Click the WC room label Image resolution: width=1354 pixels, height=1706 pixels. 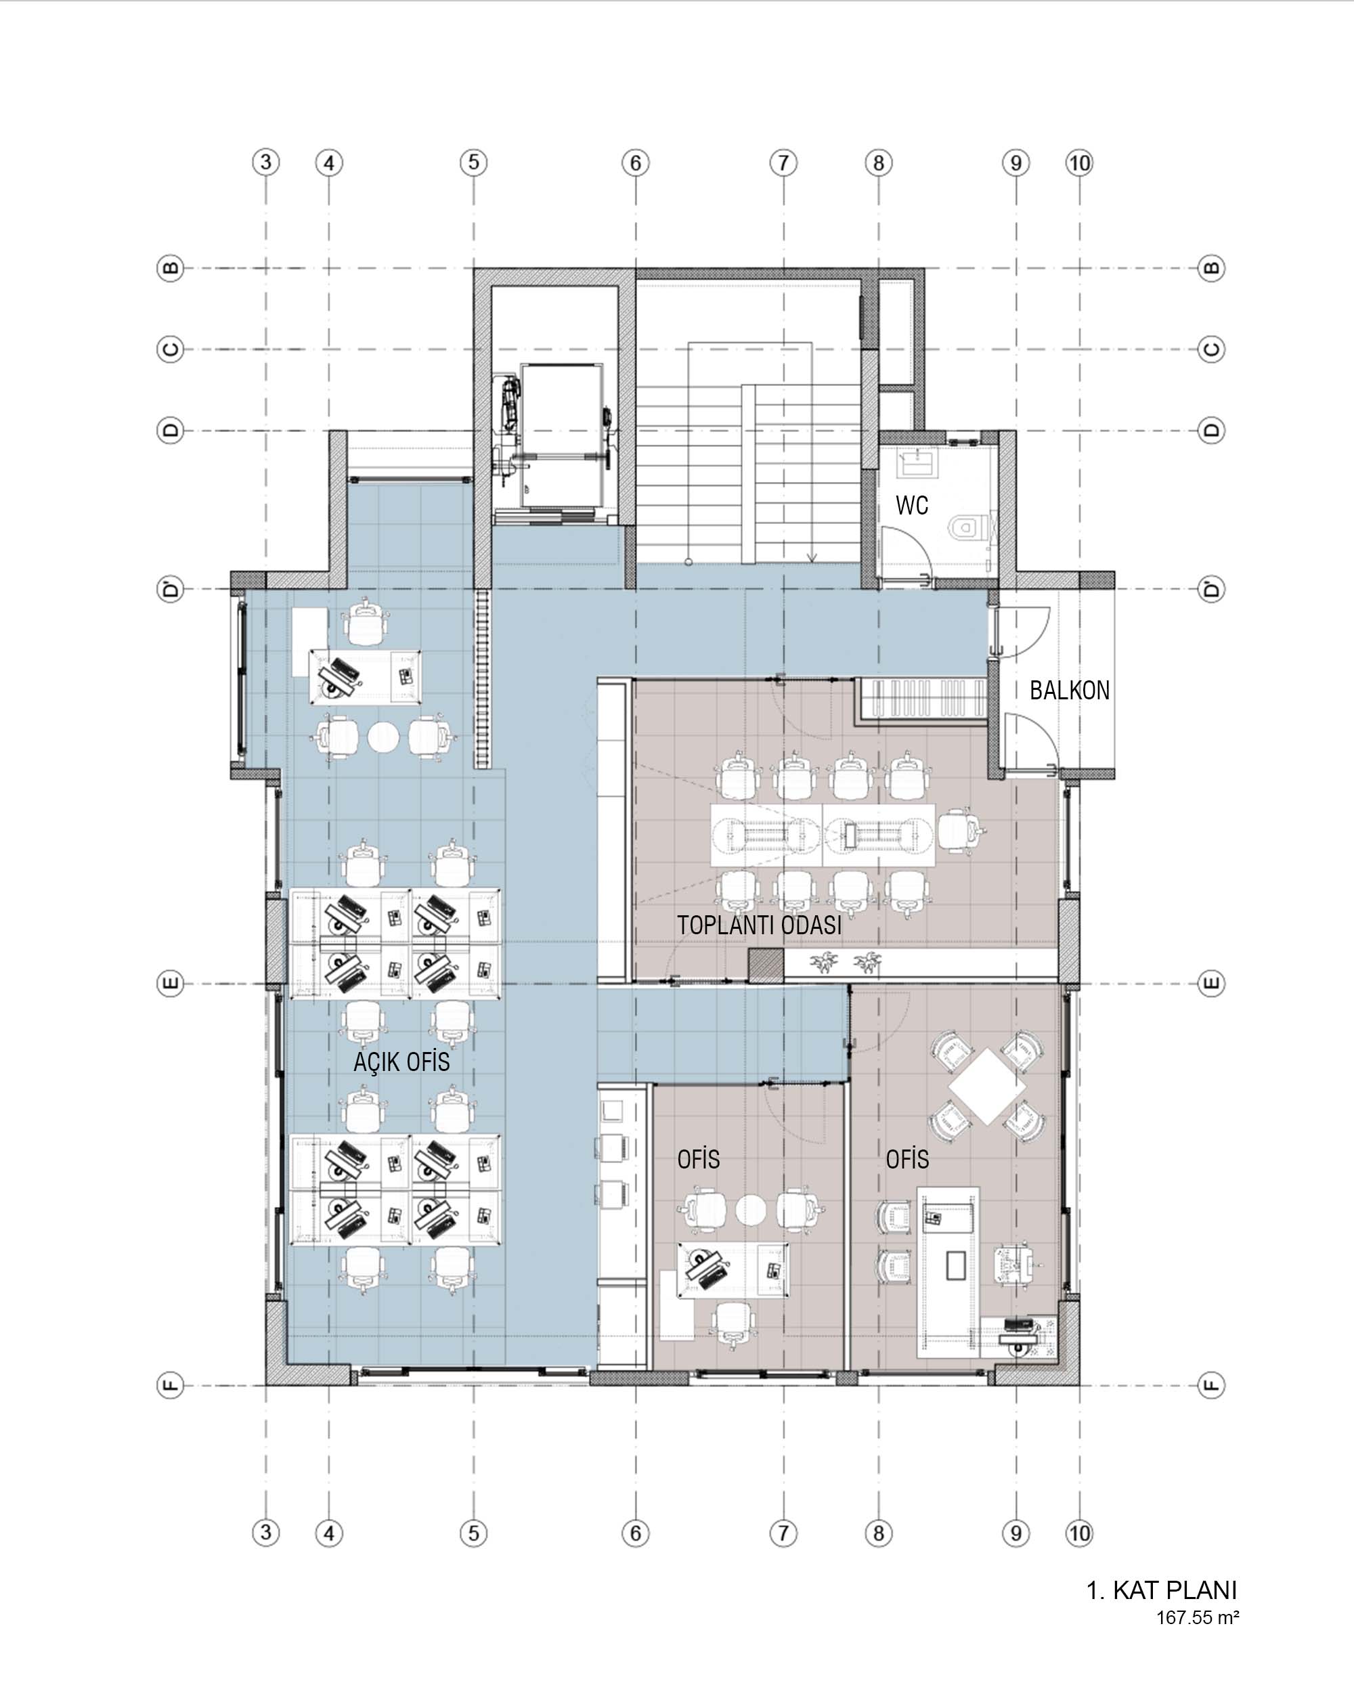coord(912,505)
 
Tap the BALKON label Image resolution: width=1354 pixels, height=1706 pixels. coord(1069,690)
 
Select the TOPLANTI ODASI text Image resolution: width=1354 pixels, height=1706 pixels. coord(759,925)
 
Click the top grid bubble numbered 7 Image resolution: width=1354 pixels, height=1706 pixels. coord(783,163)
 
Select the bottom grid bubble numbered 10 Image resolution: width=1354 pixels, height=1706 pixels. coord(1079,1533)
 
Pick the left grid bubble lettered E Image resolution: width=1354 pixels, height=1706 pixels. coord(170,984)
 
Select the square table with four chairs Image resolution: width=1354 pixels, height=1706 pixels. coord(987,1086)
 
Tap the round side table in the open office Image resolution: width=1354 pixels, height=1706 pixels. coord(383,737)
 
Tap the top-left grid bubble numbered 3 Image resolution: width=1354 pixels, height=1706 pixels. coord(266,162)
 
